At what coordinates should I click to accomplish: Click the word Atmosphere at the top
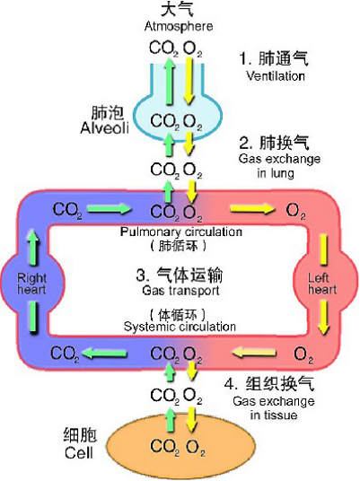click(x=180, y=26)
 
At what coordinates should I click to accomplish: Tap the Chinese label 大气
click(x=180, y=10)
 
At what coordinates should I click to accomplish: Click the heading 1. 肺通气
click(x=274, y=59)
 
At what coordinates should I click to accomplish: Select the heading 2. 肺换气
click(x=274, y=142)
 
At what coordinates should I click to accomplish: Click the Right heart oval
click(x=31, y=284)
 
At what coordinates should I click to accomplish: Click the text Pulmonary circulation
click(x=180, y=232)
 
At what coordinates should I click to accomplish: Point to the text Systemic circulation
click(x=180, y=326)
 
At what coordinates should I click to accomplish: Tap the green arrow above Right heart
click(x=32, y=242)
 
